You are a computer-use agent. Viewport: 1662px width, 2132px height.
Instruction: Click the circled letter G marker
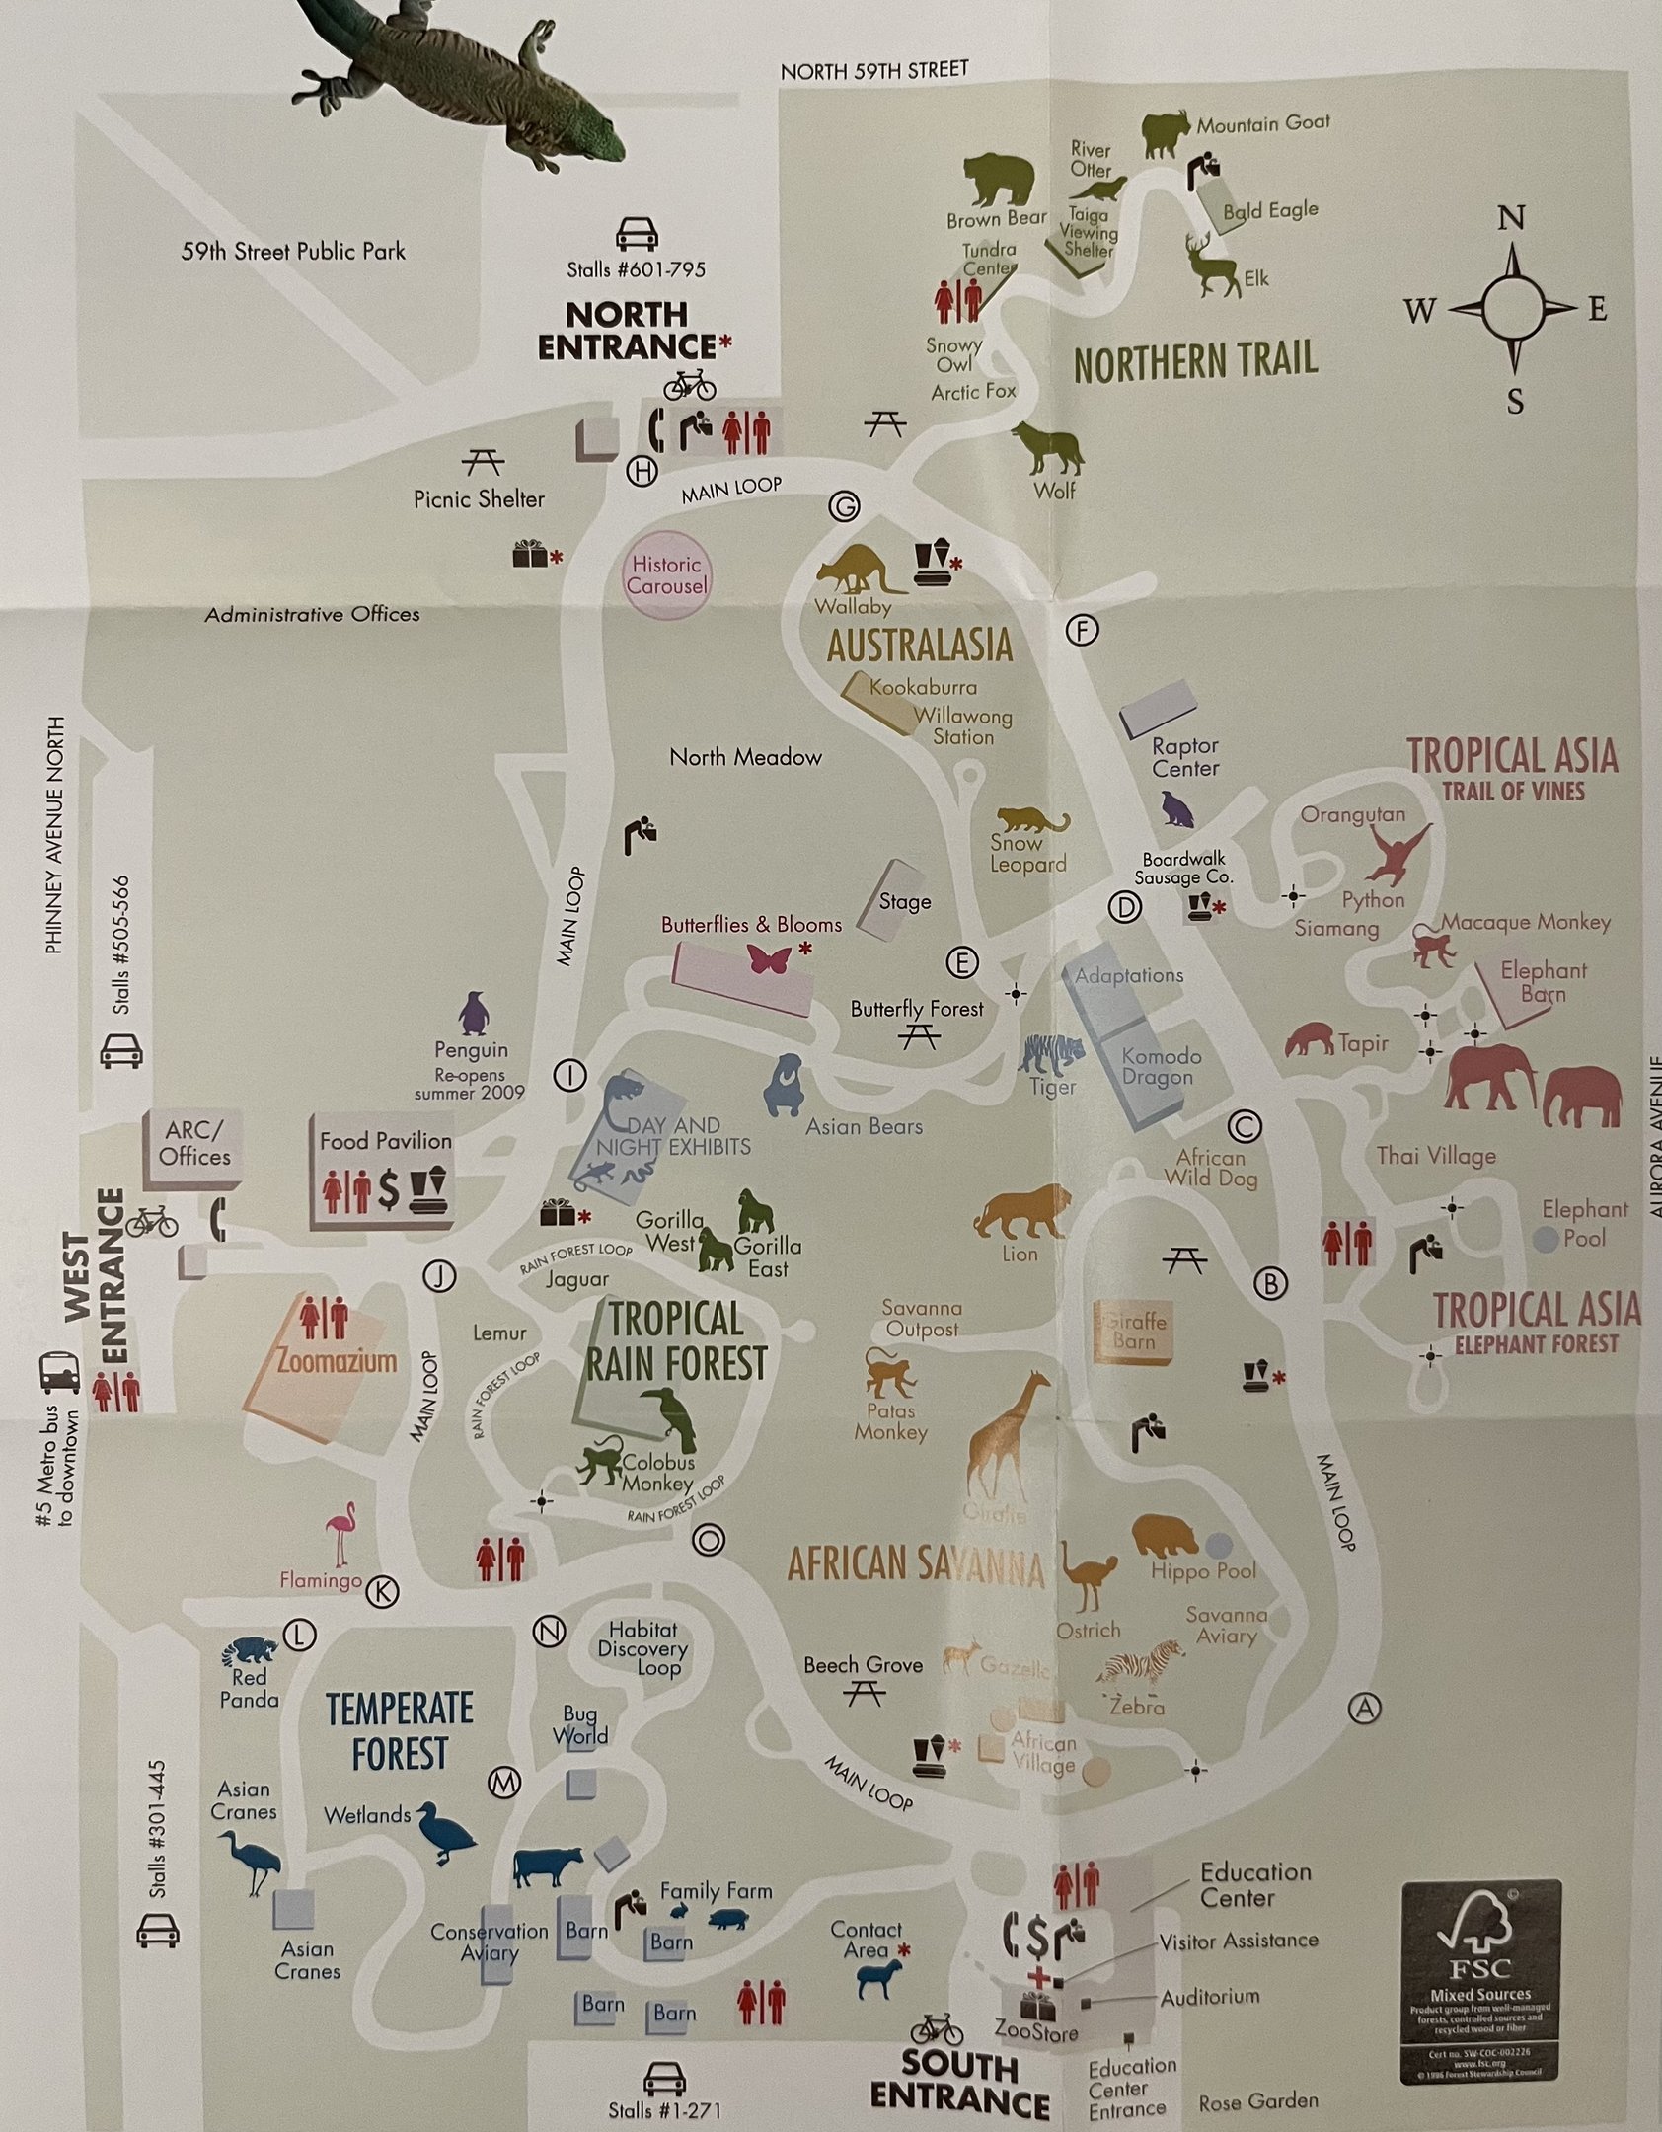tap(844, 508)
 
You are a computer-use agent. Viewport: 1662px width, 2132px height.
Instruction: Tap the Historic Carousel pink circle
tap(667, 575)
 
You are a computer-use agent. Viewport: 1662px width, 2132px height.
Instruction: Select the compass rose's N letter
tap(1511, 219)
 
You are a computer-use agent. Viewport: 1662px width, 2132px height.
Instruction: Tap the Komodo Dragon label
tap(1161, 1066)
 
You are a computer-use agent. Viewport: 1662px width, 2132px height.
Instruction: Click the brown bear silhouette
tap(997, 180)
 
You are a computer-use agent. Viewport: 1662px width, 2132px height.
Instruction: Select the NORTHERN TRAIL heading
tap(1195, 362)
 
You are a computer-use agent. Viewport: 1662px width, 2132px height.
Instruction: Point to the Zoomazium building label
tap(322, 1361)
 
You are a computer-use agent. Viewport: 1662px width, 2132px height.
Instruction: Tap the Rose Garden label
tap(1257, 2101)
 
